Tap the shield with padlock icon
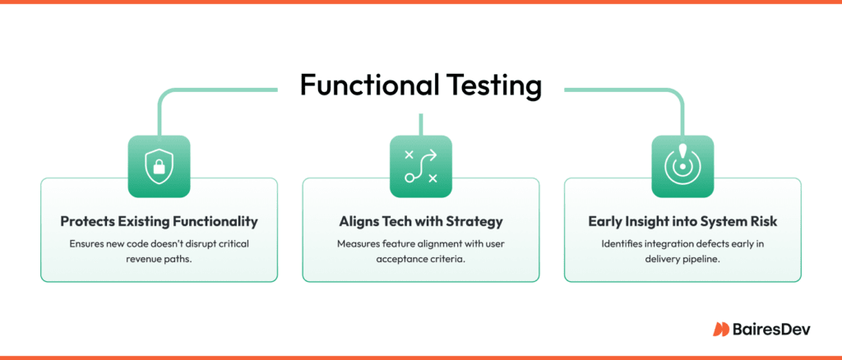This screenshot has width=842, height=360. (159, 167)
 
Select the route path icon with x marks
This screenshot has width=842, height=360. (420, 167)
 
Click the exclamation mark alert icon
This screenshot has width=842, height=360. (682, 167)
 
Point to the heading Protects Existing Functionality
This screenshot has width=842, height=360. (159, 221)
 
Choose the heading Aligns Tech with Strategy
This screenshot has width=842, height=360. (420, 221)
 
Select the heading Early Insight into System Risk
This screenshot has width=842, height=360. (682, 221)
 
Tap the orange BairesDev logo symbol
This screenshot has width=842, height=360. (721, 329)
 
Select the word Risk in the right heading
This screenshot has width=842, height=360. (761, 221)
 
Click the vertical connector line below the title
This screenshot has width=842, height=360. (420, 124)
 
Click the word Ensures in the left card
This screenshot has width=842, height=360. (90, 243)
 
